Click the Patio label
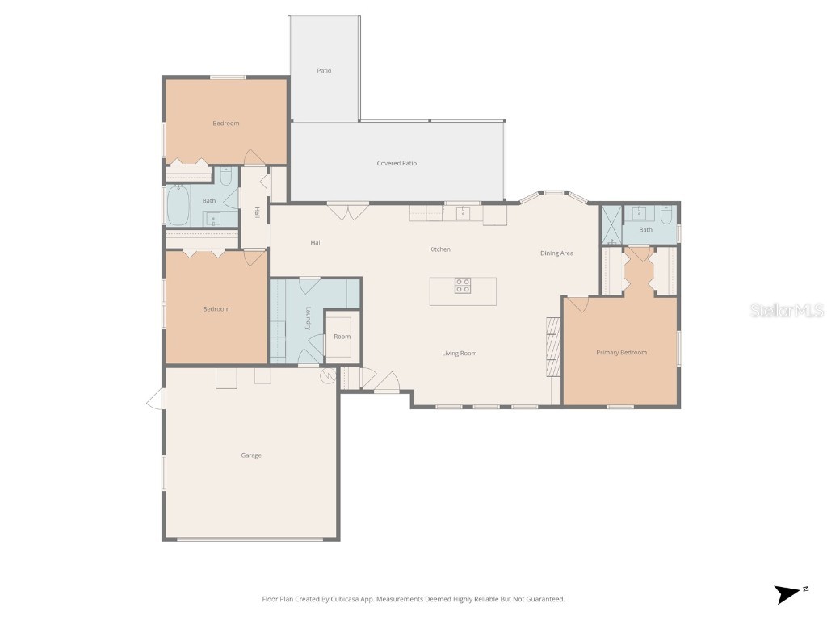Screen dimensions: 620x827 [x=324, y=71]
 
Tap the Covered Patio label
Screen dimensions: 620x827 [x=397, y=164]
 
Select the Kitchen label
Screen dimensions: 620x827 [x=439, y=249]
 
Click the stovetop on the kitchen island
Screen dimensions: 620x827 [x=463, y=285]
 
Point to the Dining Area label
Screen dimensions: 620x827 [x=556, y=253]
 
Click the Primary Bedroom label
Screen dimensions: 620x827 [x=621, y=353]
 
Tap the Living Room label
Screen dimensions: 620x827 [x=459, y=354]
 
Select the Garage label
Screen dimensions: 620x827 [x=251, y=455]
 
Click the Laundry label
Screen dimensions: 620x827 [x=308, y=318]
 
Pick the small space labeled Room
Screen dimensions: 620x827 [x=342, y=336]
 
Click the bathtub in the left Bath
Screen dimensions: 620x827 [x=178, y=206]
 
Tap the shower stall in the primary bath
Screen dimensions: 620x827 [x=611, y=224]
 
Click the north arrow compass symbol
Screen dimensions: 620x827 [x=787, y=594]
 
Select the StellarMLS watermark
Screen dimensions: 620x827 [x=786, y=311]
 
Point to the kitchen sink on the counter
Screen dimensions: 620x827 [x=463, y=214]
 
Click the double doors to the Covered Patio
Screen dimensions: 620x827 [x=348, y=212]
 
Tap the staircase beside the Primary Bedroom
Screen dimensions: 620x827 [x=553, y=346]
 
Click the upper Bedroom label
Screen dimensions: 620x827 [x=226, y=124]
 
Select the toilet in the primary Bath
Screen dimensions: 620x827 [x=666, y=216]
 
